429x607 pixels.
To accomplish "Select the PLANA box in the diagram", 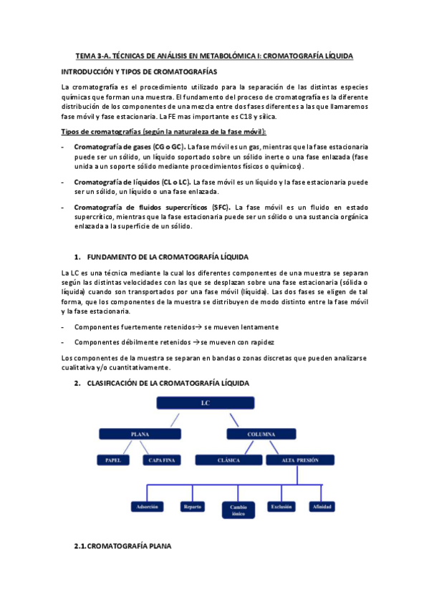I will tap(140, 434).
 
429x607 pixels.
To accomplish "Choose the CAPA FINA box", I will tap(162, 460).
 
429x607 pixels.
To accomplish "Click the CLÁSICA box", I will tap(228, 460).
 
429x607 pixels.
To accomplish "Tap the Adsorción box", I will tap(147, 507).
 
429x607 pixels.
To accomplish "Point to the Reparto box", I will tap(192, 507).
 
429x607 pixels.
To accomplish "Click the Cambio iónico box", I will tap(238, 510).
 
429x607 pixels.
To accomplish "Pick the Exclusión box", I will tap(281, 507).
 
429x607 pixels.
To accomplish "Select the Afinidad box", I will tap(319, 507).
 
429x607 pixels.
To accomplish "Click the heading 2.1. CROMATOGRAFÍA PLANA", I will tap(123, 548).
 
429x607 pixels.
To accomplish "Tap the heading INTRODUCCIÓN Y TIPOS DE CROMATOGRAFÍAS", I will tap(140, 72).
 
